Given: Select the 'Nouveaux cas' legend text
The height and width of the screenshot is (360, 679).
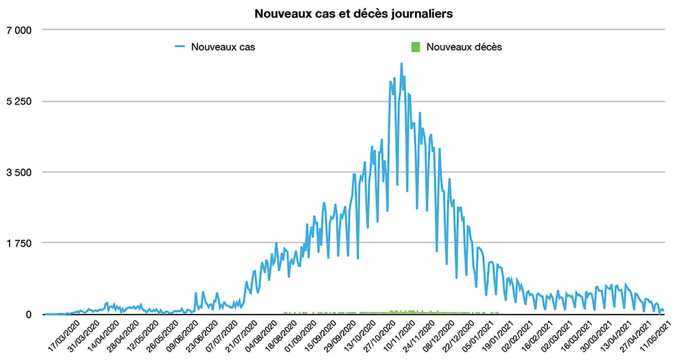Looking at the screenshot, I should [x=223, y=48].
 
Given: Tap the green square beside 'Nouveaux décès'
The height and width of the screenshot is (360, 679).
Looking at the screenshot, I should [x=416, y=48].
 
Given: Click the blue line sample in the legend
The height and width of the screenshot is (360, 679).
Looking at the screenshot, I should [x=180, y=48].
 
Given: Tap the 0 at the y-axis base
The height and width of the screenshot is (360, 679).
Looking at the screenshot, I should [x=29, y=314].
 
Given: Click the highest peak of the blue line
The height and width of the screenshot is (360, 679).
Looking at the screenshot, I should [x=401, y=64].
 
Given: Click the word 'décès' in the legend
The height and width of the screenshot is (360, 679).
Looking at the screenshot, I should [x=487, y=48].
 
